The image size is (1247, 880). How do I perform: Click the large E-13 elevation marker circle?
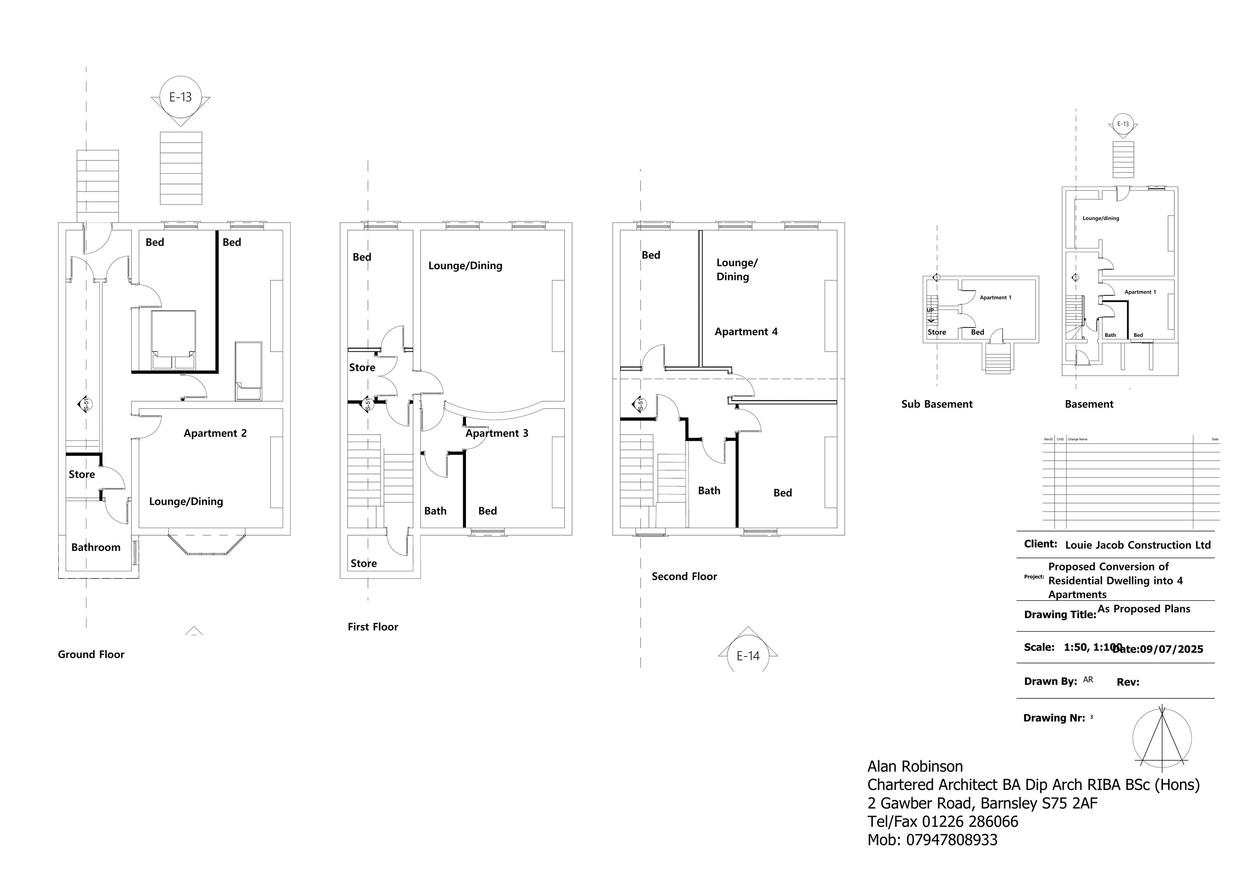[x=180, y=97]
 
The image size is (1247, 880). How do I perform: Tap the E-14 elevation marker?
[x=748, y=656]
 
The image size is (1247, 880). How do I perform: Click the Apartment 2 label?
[x=215, y=433]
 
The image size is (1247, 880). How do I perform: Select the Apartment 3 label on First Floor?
[x=496, y=433]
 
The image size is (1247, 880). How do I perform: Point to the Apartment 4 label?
[x=746, y=332]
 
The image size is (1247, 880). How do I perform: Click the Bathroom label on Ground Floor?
[x=96, y=547]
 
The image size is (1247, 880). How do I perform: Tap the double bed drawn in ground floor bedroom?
[x=173, y=340]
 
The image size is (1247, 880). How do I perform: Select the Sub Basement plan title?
[x=937, y=404]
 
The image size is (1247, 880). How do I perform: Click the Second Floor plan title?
[x=684, y=577]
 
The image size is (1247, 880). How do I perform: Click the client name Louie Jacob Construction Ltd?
[x=1138, y=545]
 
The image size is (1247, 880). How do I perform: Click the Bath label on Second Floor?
[x=709, y=491]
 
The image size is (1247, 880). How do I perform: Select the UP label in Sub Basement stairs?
[x=930, y=310]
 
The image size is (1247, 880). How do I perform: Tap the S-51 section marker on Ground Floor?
[x=86, y=404]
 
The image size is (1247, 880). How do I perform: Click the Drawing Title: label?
[x=1060, y=615]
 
